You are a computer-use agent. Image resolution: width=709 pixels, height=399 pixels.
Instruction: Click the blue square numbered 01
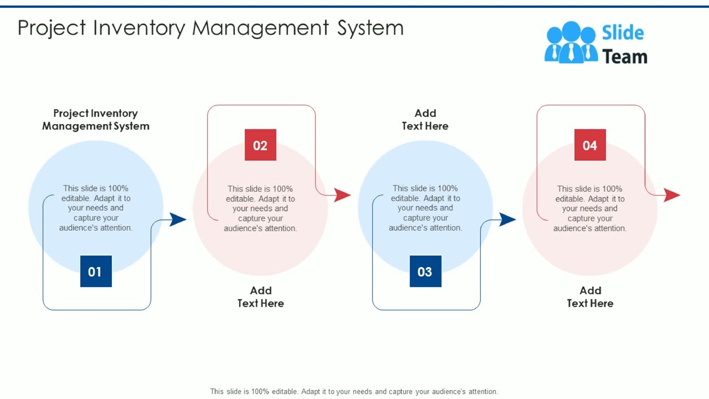pyautogui.click(x=96, y=271)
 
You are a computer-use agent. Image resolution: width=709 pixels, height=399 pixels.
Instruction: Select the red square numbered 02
pyautogui.click(x=260, y=145)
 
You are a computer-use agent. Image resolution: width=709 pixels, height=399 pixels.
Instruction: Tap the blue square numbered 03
pyautogui.click(x=425, y=271)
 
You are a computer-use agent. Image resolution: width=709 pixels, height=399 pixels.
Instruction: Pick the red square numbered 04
pyautogui.click(x=590, y=145)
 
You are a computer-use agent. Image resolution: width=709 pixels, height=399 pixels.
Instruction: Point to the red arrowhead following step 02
pyautogui.click(x=342, y=195)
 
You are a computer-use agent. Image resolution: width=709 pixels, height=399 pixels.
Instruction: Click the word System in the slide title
pyautogui.click(x=371, y=28)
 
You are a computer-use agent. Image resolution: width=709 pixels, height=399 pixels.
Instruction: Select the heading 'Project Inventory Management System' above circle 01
pyautogui.click(x=96, y=120)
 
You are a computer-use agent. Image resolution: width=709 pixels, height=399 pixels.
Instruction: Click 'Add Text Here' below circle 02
pyautogui.click(x=261, y=296)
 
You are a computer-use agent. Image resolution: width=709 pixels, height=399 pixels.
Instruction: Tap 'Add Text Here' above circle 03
pyautogui.click(x=425, y=120)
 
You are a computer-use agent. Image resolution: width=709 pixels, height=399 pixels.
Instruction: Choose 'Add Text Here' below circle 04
pyautogui.click(x=590, y=296)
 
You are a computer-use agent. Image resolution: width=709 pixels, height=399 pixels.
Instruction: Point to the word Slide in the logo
pyautogui.click(x=623, y=33)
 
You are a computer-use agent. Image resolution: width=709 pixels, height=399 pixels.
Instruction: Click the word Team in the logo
pyautogui.click(x=625, y=57)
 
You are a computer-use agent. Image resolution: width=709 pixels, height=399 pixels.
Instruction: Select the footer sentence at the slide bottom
pyautogui.click(x=354, y=391)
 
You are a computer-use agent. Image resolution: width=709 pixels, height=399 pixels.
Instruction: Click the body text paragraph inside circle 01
pyautogui.click(x=96, y=208)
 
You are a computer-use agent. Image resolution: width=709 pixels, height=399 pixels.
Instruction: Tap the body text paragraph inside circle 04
pyautogui.click(x=590, y=208)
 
